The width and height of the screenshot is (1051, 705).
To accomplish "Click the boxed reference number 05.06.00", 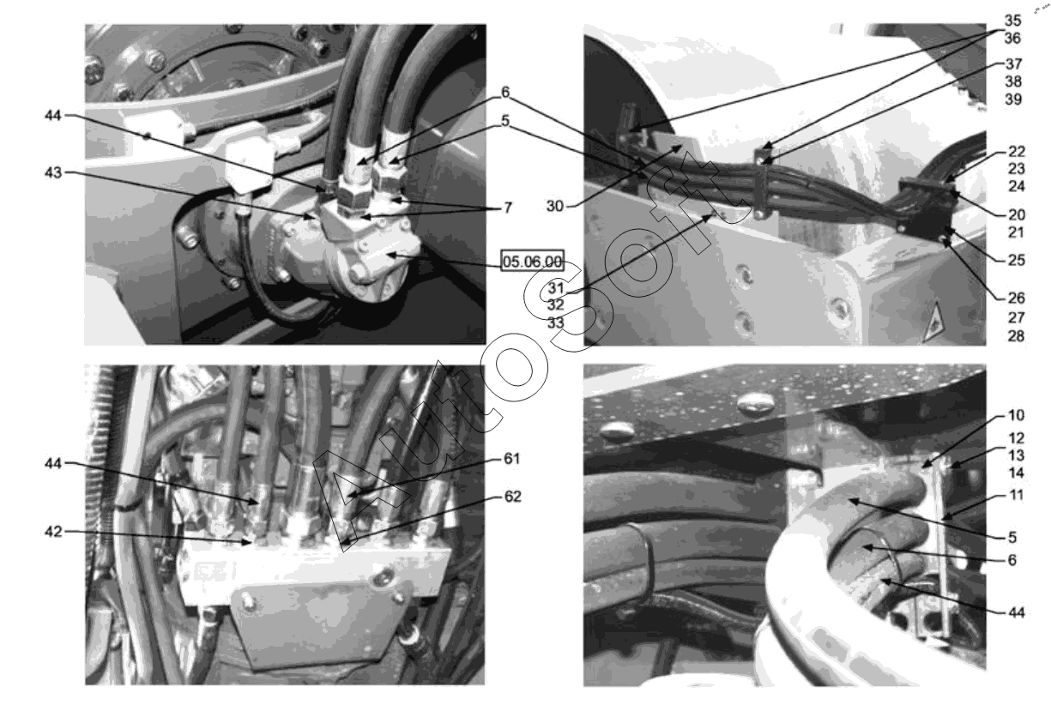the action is (x=532, y=261).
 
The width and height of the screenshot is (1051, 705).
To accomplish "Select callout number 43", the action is (x=53, y=172).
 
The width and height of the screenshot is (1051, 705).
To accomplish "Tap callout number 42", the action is (x=53, y=531).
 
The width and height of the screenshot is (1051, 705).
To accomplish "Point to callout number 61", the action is (x=512, y=458).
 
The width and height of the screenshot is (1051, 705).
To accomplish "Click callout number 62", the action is (x=513, y=496).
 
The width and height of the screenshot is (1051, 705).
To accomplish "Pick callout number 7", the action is (x=508, y=207).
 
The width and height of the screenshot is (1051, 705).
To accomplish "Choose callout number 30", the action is (x=554, y=206).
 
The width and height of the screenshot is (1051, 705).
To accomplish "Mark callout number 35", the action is (x=1012, y=21).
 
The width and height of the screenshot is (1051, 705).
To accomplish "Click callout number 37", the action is (x=1013, y=63).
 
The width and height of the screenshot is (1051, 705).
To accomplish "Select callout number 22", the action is (x=1017, y=151).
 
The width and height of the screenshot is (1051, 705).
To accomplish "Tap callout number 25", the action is (x=1017, y=259).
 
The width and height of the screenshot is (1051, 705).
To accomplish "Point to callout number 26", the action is (x=1017, y=298).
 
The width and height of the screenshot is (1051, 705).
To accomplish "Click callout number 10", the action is (x=1017, y=414).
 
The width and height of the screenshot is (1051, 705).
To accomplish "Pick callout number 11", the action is (x=1017, y=494).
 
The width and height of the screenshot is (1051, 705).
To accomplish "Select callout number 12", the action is (x=1017, y=437).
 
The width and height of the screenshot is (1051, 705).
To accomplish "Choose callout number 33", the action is (x=556, y=322).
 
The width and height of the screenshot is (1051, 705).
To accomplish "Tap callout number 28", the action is (x=1017, y=335).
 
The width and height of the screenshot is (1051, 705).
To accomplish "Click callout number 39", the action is (x=1013, y=99).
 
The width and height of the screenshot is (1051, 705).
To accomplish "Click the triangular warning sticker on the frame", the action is (x=933, y=322).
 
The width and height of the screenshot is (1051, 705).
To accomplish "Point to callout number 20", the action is (x=1017, y=214).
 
